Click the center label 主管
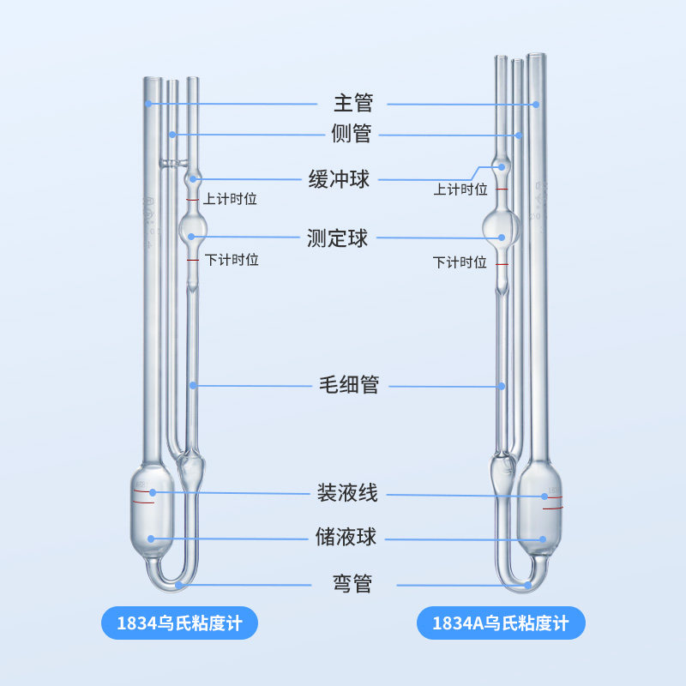point(353,103)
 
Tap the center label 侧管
point(352,134)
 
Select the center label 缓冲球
point(339,179)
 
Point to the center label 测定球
point(337,238)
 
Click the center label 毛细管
point(349,385)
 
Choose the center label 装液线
point(347,492)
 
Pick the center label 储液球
point(346,537)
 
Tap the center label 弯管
point(352,583)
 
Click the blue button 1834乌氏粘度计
point(179,623)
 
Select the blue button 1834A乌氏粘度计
point(501,623)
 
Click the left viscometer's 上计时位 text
point(230,199)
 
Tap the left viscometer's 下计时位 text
point(232,260)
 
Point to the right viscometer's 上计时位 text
point(460,190)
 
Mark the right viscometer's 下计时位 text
point(460,262)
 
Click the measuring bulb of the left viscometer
point(192,228)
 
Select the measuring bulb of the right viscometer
point(502,227)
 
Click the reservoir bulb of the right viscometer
point(539,509)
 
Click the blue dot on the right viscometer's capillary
point(502,387)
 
